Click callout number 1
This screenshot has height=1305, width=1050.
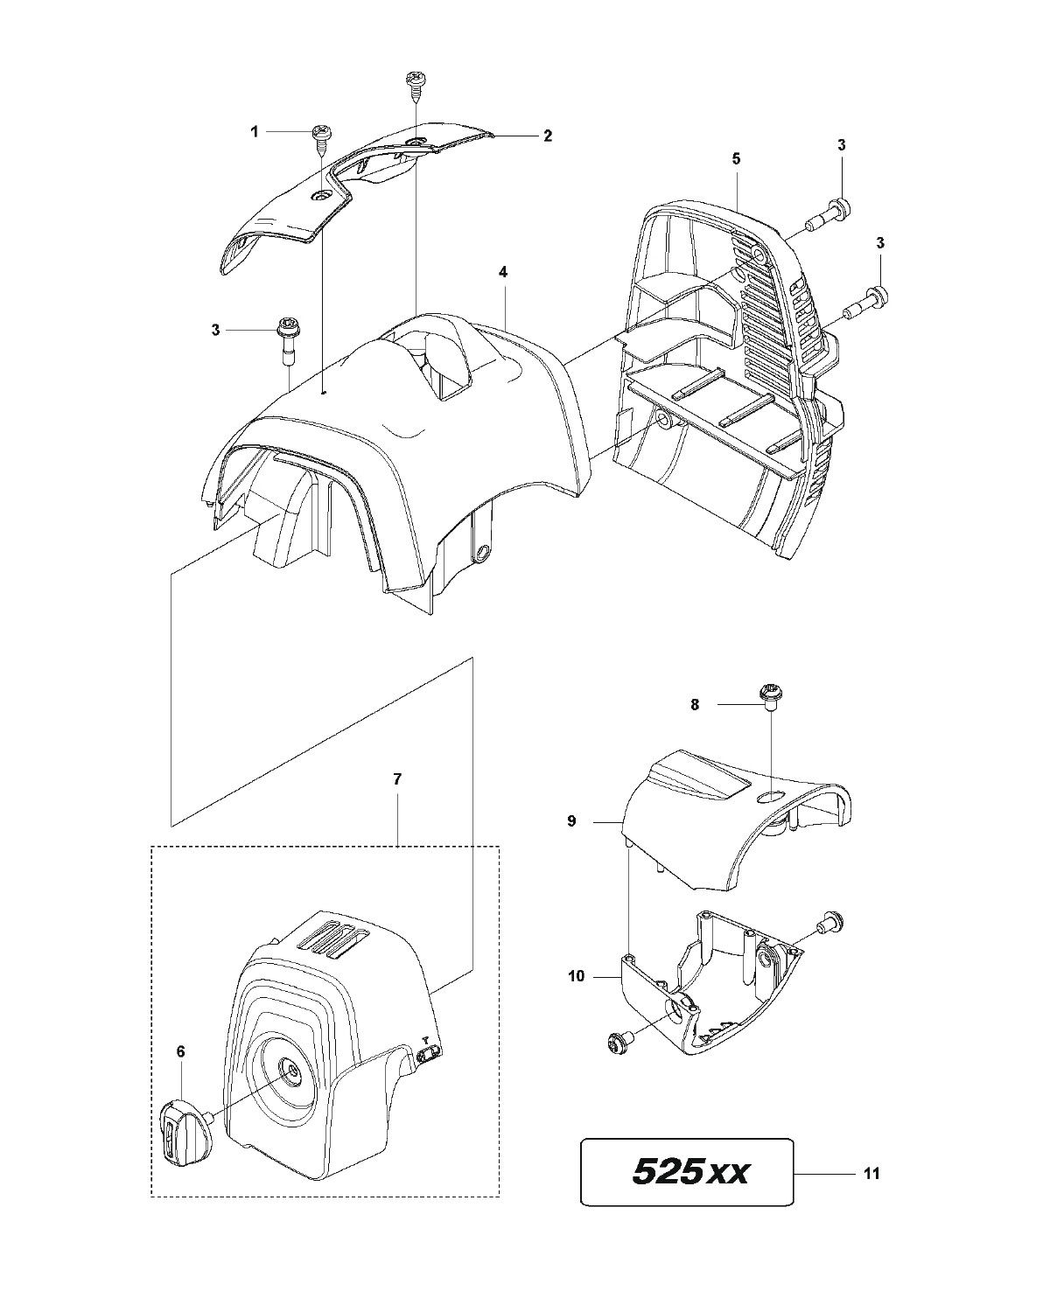(x=255, y=132)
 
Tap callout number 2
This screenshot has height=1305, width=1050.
(x=547, y=136)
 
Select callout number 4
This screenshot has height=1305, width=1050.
(x=503, y=272)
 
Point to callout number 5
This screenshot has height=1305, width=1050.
(x=736, y=158)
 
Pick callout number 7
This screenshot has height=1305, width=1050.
(x=397, y=779)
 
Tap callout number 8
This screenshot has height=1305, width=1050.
(x=696, y=703)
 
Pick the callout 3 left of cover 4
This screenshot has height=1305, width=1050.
(x=215, y=330)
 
